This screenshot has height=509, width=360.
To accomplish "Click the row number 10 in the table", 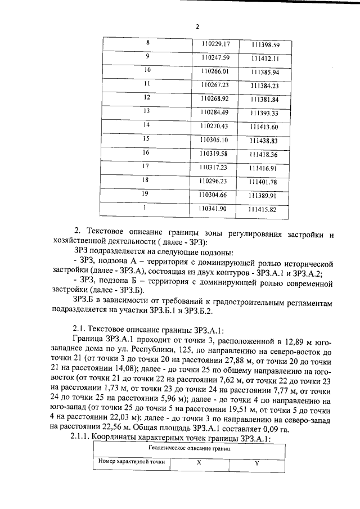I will (x=147, y=70).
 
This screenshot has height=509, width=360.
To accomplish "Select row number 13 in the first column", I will (x=147, y=111).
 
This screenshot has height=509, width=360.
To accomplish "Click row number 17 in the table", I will (x=147, y=166).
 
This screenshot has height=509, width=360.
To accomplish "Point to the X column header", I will (x=199, y=462).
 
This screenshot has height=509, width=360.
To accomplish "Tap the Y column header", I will (x=256, y=462).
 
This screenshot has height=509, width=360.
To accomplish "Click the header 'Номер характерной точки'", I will (x=132, y=461).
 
